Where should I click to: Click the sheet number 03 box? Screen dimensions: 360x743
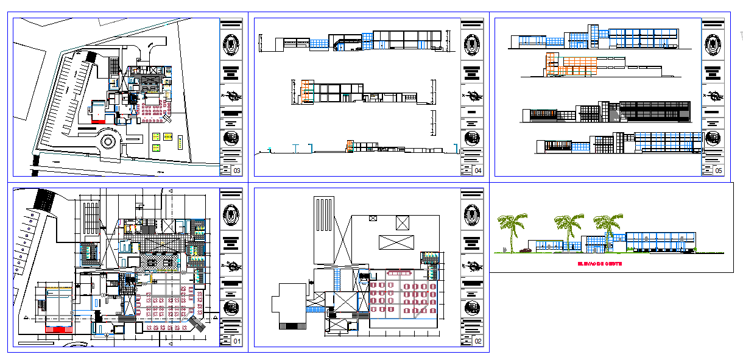click(x=238, y=171)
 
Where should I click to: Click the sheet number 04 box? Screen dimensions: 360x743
click(x=478, y=171)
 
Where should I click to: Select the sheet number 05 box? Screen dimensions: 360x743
click(x=719, y=171)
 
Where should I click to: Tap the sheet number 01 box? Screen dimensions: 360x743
click(x=238, y=342)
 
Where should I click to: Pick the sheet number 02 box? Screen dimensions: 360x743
click(x=478, y=342)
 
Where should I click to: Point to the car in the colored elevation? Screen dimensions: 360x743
click(x=525, y=250)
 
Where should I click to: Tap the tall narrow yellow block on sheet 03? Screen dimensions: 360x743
click(x=180, y=142)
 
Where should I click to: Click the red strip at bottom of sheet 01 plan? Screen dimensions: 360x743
click(x=59, y=329)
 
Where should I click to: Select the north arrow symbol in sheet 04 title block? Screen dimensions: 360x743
click(x=472, y=96)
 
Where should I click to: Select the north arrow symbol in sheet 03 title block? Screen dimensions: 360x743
click(x=231, y=96)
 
